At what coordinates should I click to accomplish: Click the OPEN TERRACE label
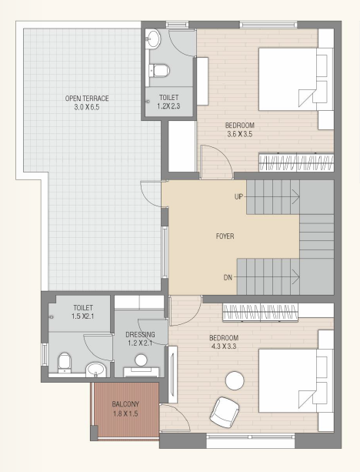click(87, 98)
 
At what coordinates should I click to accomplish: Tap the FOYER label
click(225, 236)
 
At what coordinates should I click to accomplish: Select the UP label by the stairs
click(238, 197)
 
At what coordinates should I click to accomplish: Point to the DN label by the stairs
click(228, 277)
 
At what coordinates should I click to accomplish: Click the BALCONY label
click(125, 404)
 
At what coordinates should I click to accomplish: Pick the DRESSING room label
click(140, 334)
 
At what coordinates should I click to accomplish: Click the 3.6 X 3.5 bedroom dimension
click(240, 134)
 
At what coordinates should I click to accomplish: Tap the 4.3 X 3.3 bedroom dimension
click(224, 346)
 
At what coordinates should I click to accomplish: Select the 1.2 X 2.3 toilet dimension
click(168, 106)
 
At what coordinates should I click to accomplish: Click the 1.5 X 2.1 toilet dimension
click(83, 316)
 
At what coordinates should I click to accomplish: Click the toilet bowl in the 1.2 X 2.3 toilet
click(159, 71)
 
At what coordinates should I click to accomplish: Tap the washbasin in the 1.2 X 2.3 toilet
click(153, 38)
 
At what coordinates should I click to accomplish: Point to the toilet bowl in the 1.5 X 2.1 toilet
click(65, 363)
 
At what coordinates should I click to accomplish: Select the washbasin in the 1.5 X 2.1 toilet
click(95, 370)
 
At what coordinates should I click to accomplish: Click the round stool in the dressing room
click(141, 360)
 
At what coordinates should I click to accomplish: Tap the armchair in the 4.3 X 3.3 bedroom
click(225, 412)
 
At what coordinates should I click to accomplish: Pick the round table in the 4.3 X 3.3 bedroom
click(235, 381)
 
